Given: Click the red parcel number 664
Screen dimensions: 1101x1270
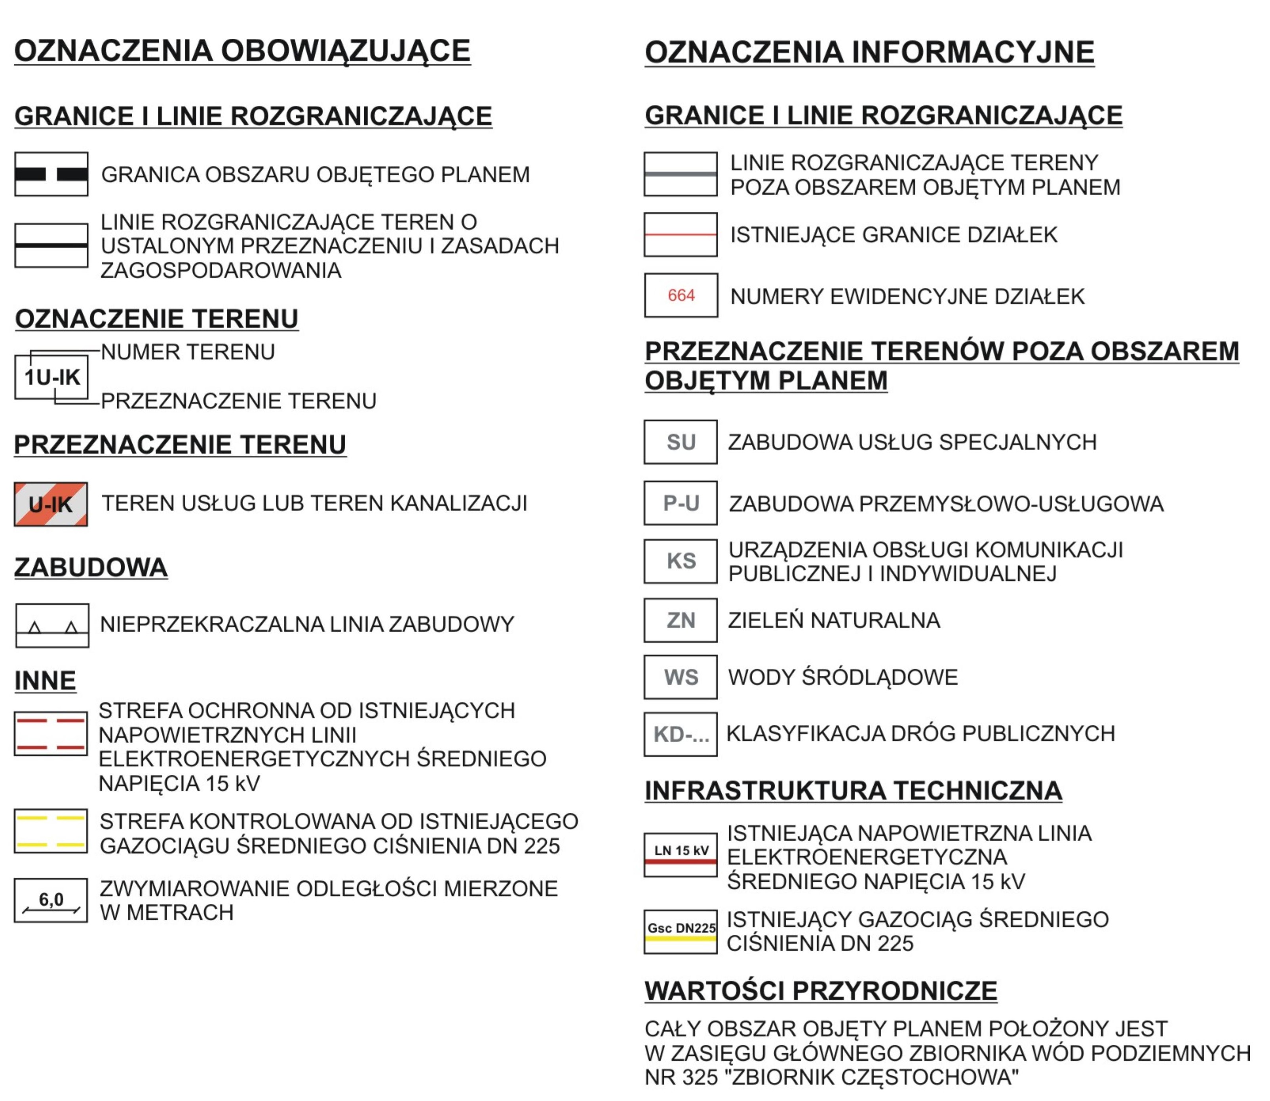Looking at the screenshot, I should [681, 295].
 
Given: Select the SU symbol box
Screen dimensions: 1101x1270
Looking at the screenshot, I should [681, 442].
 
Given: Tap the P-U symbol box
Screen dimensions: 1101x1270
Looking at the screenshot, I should [681, 503].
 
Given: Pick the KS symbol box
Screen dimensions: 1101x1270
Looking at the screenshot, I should [681, 561].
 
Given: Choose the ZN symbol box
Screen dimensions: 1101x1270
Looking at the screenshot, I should [681, 620].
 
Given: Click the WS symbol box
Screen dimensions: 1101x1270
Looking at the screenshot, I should [681, 677].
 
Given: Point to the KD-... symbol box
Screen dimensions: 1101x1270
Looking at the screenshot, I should [681, 734].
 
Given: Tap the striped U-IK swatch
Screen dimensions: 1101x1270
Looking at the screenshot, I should [51, 504].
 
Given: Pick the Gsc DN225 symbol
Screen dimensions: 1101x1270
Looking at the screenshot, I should [681, 932].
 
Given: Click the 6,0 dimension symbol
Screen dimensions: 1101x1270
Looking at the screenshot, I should [51, 901].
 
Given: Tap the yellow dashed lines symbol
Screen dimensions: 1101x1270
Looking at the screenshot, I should [51, 831].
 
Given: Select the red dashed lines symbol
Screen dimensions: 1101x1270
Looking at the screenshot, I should [51, 734].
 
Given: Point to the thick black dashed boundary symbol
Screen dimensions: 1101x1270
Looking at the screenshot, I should [51, 175].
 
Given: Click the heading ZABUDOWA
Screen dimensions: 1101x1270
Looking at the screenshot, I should [91, 567].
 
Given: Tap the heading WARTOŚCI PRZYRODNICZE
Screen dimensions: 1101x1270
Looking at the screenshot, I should [821, 991].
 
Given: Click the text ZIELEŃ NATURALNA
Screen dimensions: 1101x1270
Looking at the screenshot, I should [834, 620].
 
